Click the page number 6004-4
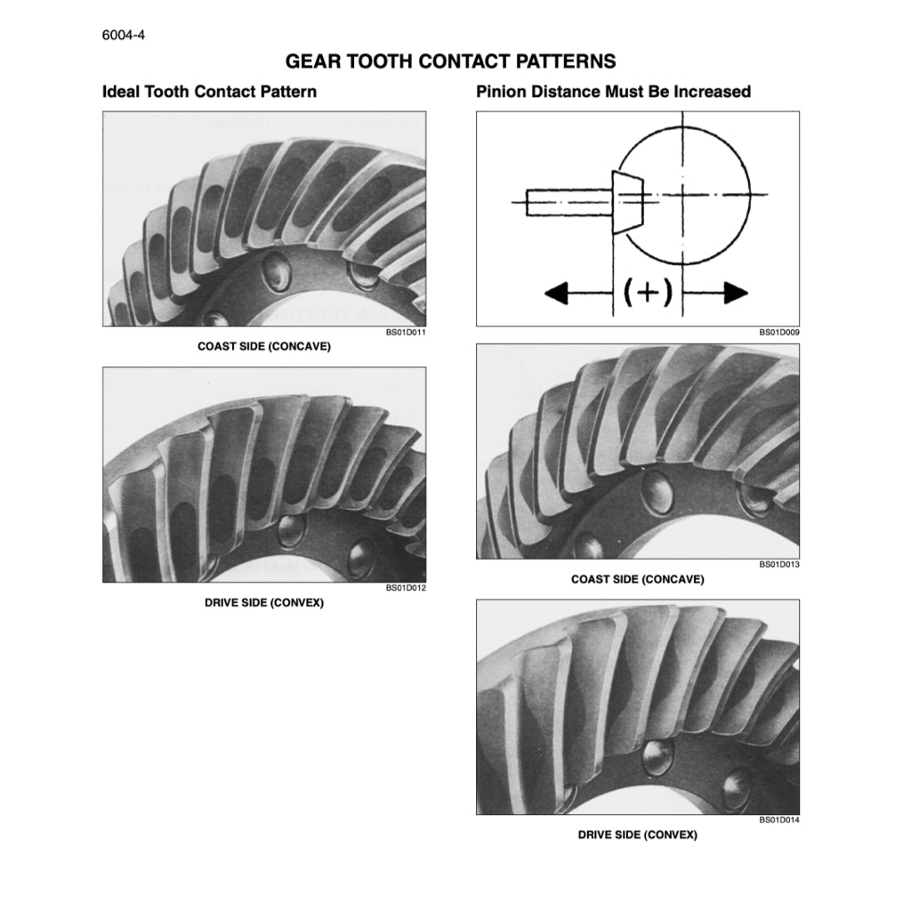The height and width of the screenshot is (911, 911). point(124,37)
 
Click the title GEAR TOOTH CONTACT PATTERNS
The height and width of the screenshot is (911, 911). point(450,61)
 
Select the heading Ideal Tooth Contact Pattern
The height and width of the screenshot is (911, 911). point(210,92)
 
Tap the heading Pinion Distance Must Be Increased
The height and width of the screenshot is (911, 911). point(613,92)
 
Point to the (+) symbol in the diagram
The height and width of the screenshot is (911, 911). point(648,292)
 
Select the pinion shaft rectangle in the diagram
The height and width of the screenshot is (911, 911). point(568,203)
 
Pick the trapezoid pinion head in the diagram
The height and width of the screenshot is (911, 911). point(627,202)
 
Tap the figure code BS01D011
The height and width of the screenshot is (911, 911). point(407,332)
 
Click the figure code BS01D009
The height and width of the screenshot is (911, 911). point(779,332)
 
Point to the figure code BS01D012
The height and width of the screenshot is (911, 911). point(407,588)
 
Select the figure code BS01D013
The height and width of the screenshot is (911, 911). point(779,565)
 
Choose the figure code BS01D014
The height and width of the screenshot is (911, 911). point(779,820)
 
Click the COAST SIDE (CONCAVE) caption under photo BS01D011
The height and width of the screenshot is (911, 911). point(263,346)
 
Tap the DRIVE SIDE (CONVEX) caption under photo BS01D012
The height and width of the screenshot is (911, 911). point(264,602)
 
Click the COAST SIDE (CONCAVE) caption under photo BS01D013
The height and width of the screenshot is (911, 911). point(637,579)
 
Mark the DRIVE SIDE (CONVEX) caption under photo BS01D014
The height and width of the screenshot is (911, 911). point(637,835)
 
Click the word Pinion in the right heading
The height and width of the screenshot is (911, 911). point(502,92)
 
